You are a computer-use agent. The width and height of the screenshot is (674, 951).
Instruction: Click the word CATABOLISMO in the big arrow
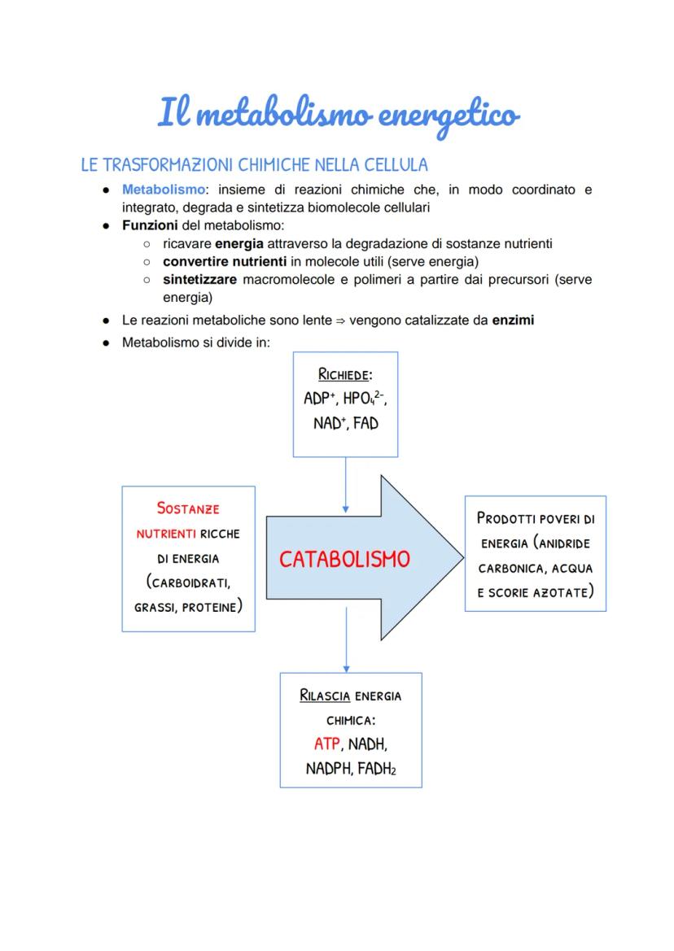(344, 560)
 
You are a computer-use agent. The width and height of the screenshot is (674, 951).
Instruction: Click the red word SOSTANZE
(188, 508)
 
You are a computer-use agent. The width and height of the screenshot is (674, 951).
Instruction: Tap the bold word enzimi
(513, 320)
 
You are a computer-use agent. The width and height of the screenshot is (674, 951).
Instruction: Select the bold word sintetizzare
(199, 279)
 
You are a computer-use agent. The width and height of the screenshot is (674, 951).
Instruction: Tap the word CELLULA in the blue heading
(395, 165)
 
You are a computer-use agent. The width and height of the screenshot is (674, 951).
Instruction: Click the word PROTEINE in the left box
(210, 607)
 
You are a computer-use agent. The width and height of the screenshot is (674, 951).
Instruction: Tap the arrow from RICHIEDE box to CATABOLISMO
(346, 483)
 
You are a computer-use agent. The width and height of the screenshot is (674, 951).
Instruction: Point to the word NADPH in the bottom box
(327, 769)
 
